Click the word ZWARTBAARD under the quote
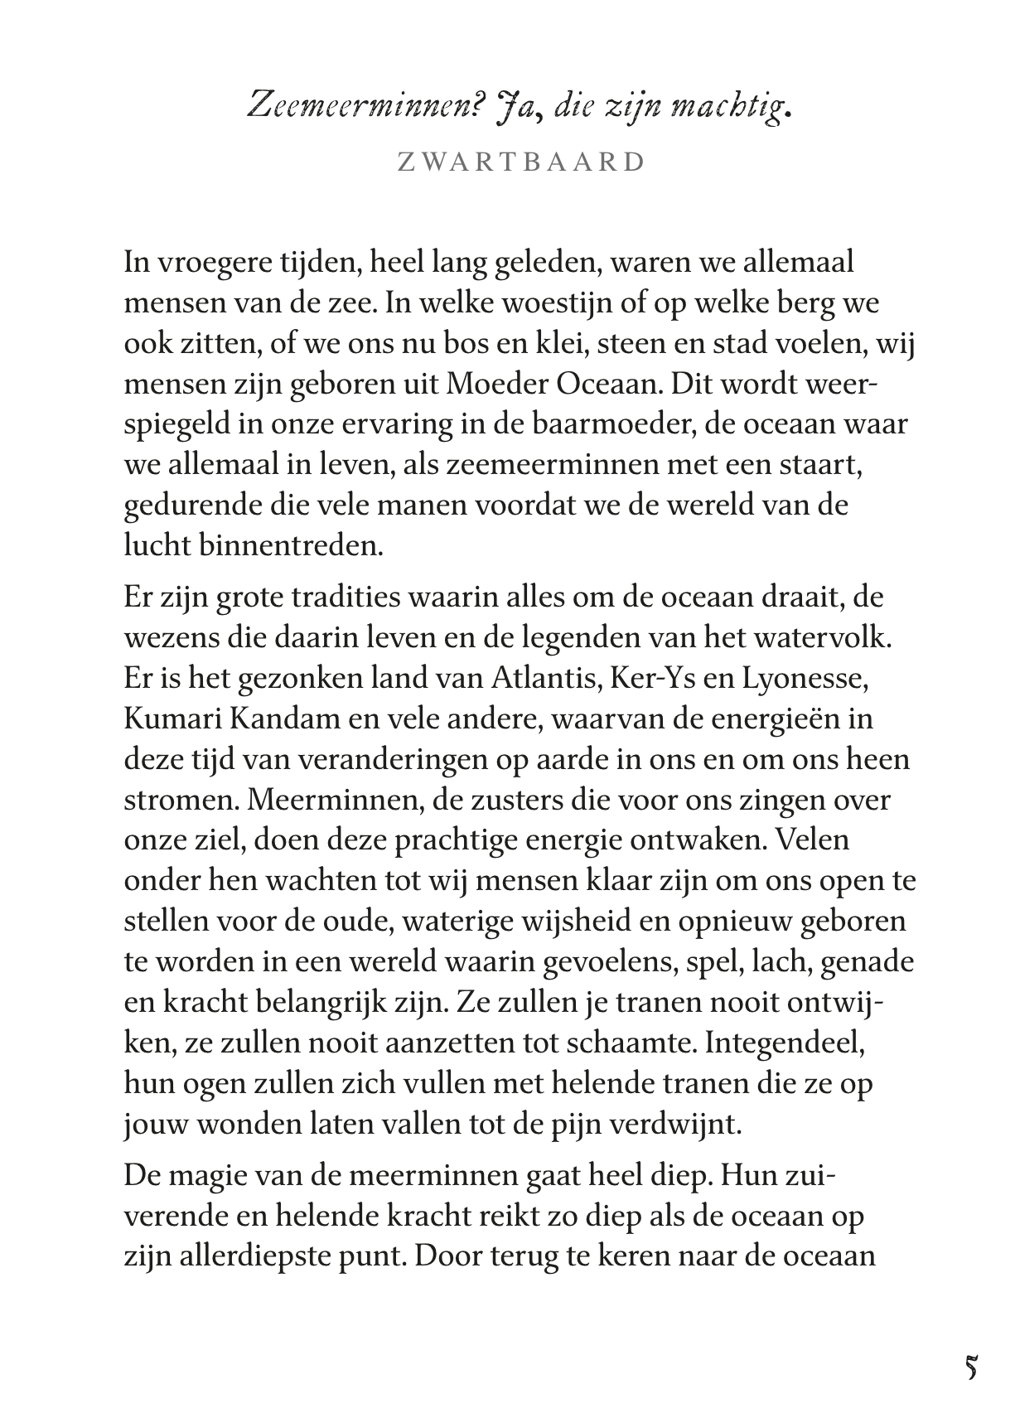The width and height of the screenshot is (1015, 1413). [521, 162]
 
